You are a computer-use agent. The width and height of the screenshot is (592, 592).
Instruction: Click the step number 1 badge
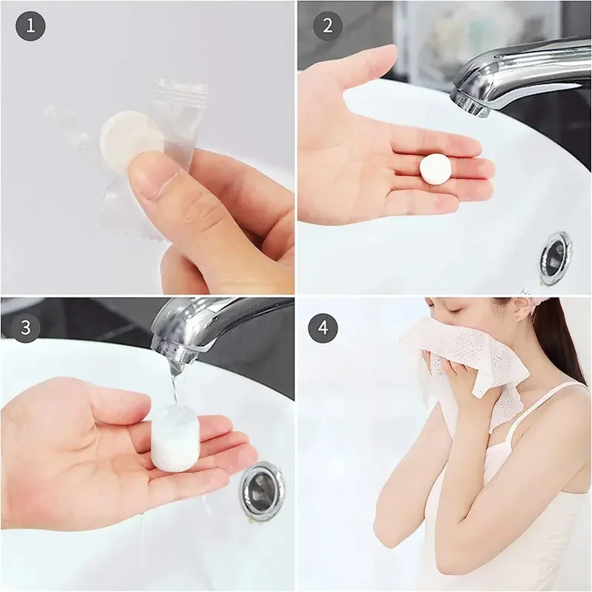30,27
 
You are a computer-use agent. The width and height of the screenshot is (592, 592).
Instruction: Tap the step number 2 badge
327,27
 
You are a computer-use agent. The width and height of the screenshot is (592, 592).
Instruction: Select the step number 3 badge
26,327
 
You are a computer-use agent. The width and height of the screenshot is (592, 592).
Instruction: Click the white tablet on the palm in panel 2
435,168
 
